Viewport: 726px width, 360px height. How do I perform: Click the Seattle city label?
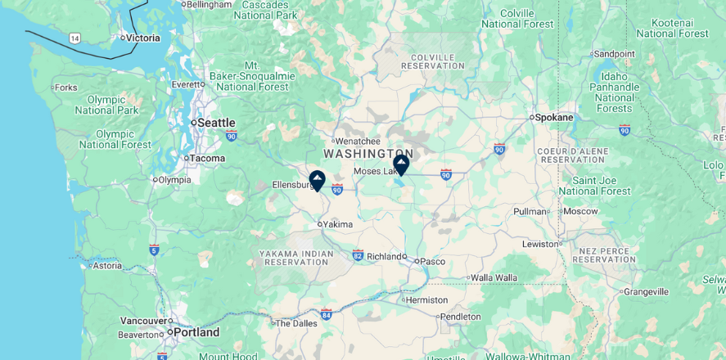216,123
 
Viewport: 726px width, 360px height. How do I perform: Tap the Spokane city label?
555,117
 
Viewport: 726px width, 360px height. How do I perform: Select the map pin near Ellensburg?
318,180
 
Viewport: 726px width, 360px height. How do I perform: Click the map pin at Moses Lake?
401,164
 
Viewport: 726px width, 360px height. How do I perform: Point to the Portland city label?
196,332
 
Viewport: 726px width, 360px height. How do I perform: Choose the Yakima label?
338,224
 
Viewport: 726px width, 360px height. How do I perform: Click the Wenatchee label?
358,141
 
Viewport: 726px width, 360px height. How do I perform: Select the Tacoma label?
207,158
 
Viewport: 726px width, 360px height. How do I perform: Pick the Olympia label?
174,180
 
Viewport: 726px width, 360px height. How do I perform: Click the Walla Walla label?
494,277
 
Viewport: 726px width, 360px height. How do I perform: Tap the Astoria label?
106,265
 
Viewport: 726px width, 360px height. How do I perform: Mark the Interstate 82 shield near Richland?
358,255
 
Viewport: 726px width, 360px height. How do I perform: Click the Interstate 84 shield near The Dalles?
327,314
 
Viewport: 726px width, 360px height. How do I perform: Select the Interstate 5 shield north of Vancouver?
154,250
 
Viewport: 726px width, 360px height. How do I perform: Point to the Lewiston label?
540,244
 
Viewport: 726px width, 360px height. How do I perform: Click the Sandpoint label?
614,54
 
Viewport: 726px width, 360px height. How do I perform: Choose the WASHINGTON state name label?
368,154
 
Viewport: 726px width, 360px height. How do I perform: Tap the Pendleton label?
461,317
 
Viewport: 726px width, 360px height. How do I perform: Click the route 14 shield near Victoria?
75,38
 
